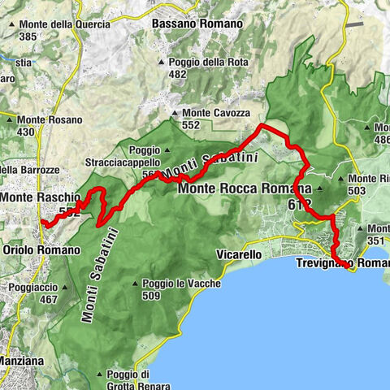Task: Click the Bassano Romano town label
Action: (x=197, y=24)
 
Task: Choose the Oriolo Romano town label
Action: (x=42, y=250)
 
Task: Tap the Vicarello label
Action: (x=238, y=255)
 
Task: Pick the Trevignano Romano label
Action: (x=341, y=264)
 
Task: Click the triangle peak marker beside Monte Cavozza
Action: (x=174, y=114)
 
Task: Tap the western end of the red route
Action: (x=41, y=221)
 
